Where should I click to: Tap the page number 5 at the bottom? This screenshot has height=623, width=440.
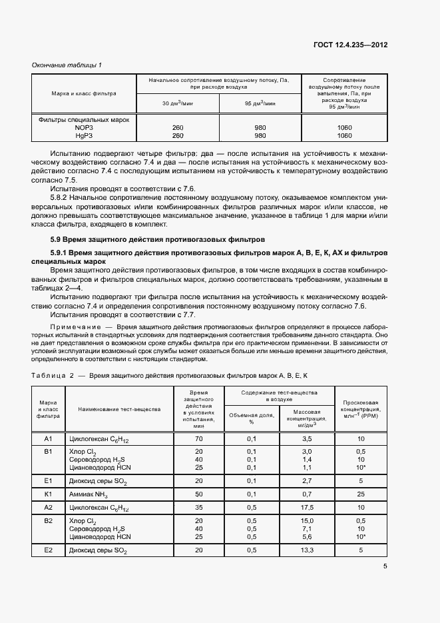click(x=385, y=566)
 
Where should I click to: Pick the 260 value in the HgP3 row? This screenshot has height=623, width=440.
click(x=178, y=135)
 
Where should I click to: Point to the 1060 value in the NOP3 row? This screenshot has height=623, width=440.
click(x=345, y=127)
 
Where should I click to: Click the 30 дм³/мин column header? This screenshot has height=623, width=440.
click(x=178, y=104)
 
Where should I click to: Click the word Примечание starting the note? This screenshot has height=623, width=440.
click(x=79, y=328)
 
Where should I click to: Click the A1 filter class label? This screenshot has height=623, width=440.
click(x=48, y=439)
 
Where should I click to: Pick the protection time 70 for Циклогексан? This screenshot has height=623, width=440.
click(x=199, y=439)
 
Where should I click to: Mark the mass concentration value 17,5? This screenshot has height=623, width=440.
click(x=308, y=508)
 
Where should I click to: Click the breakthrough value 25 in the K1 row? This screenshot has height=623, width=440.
click(x=360, y=494)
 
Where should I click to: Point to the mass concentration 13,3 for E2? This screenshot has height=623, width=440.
click(x=308, y=550)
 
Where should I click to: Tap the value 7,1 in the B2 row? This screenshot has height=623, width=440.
click(x=308, y=528)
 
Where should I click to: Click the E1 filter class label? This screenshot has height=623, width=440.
click(x=48, y=480)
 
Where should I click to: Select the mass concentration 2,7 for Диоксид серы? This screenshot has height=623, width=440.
click(x=308, y=480)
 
